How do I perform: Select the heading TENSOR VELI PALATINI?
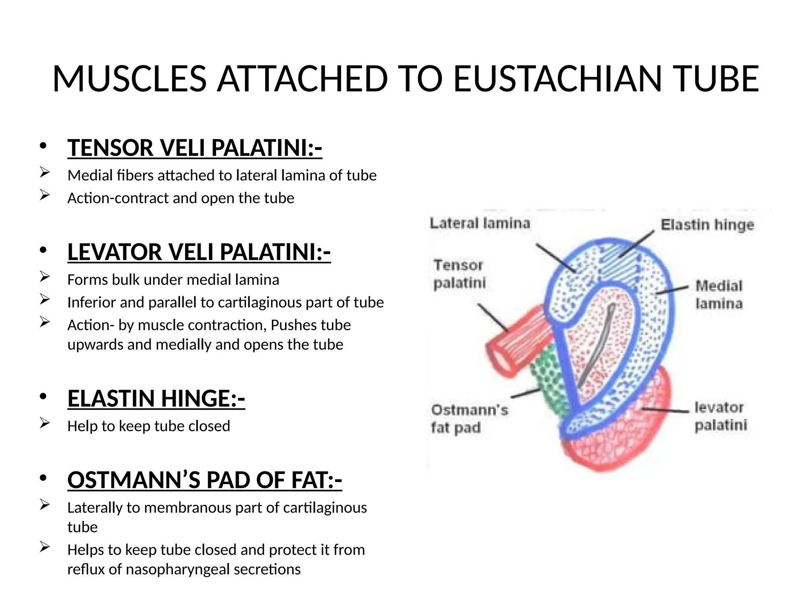pos(194,148)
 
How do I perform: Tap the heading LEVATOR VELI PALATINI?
pos(199,252)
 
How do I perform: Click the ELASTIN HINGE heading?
pos(156,398)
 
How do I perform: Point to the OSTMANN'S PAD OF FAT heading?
pos(205,480)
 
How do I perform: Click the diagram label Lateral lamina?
pos(480,223)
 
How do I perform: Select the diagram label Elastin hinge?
pos(707,225)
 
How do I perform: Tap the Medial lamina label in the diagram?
pos(718,294)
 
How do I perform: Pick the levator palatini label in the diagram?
pos(720,416)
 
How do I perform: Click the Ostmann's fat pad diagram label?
pos(469,418)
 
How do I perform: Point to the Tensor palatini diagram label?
pos(459,274)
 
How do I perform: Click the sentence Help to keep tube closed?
pos(148,426)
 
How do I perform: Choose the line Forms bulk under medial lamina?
pos(173,280)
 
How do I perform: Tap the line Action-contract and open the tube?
pos(180,198)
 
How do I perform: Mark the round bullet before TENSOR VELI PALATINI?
pos(43,146)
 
